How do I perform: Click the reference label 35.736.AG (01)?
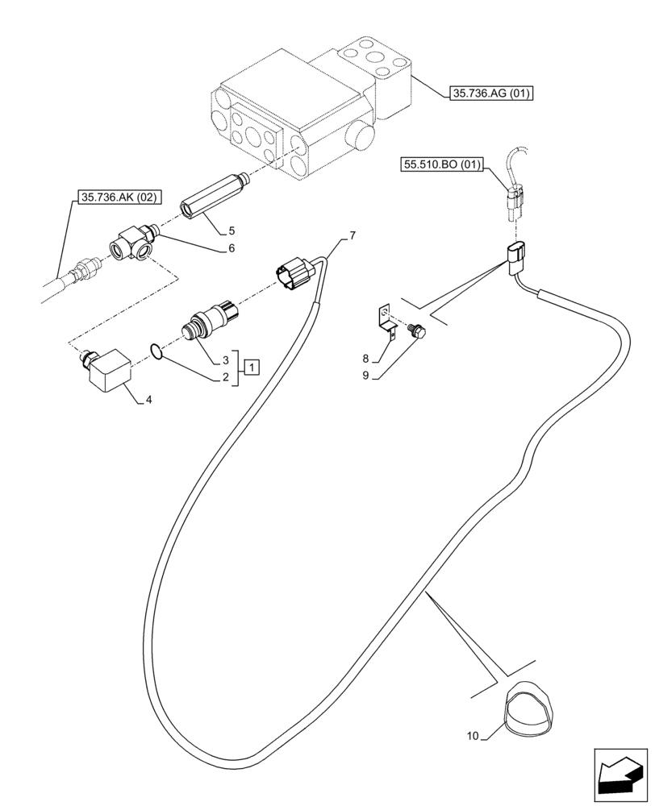coord(490,94)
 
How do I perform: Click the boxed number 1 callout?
coord(252,368)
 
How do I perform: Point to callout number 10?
coord(473,736)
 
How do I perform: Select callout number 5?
coord(231,231)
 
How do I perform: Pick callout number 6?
coord(231,248)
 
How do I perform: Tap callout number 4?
coord(147,398)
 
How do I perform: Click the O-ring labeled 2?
coord(159,351)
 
